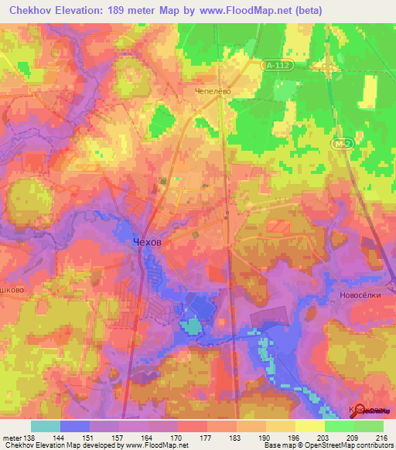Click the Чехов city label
[x=147, y=242]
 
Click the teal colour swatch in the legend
[x=46, y=426]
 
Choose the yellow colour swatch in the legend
[x=309, y=426]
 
